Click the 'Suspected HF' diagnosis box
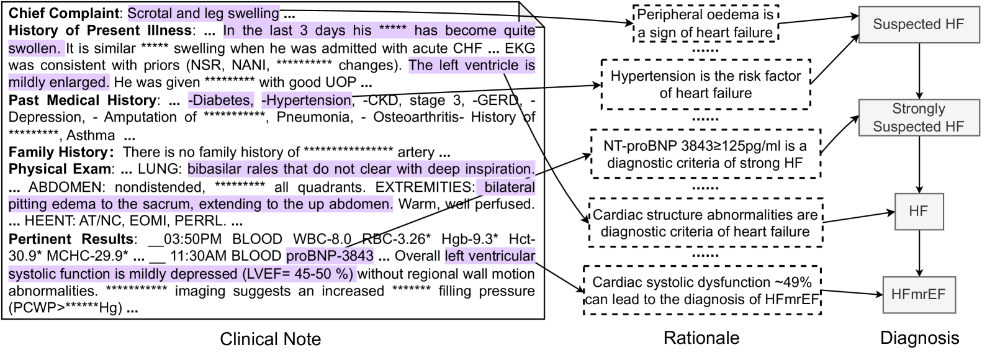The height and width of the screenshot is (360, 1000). pos(918,24)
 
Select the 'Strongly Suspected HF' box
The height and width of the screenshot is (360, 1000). pos(918,117)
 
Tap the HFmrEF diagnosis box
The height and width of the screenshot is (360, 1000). pos(918,294)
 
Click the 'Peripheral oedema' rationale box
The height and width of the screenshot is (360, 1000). pos(705,24)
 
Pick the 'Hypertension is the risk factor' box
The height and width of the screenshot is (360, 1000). pos(706,84)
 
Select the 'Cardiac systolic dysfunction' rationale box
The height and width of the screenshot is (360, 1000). pos(702,290)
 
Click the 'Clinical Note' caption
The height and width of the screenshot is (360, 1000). pos(270,339)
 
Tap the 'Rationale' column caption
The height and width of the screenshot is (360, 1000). pos(701,338)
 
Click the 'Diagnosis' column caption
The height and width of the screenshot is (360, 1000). pos(919,338)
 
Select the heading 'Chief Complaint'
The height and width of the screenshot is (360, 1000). pos(64,13)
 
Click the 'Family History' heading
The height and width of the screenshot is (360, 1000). pos(58,152)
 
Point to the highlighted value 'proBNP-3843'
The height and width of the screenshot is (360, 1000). pos(330,256)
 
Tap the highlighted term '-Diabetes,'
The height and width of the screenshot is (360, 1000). pos(221,100)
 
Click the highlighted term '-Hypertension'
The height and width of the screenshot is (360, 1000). pos(307,100)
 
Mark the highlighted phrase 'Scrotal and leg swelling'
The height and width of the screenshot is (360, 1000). pos(204,13)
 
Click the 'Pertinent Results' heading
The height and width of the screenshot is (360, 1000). pos(71,239)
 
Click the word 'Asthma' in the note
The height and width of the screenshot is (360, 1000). pos(91,135)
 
